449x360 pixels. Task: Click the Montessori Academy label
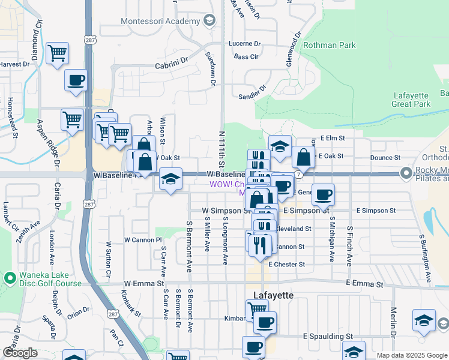(160, 21)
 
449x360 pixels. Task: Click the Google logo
(20, 353)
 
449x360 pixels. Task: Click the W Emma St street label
(144, 283)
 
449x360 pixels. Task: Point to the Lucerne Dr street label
(245, 44)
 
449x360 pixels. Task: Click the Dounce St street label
(385, 157)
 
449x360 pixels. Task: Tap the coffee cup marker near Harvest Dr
(76, 80)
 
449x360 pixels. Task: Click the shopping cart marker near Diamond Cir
(58, 53)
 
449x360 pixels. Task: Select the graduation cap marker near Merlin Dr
(424, 320)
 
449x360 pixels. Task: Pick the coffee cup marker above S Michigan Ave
(323, 194)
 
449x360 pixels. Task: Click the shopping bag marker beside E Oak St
(304, 157)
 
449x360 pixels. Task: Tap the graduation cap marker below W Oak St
(170, 179)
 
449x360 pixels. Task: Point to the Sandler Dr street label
(252, 95)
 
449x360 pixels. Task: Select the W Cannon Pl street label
(143, 239)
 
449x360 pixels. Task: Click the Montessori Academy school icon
(209, 21)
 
